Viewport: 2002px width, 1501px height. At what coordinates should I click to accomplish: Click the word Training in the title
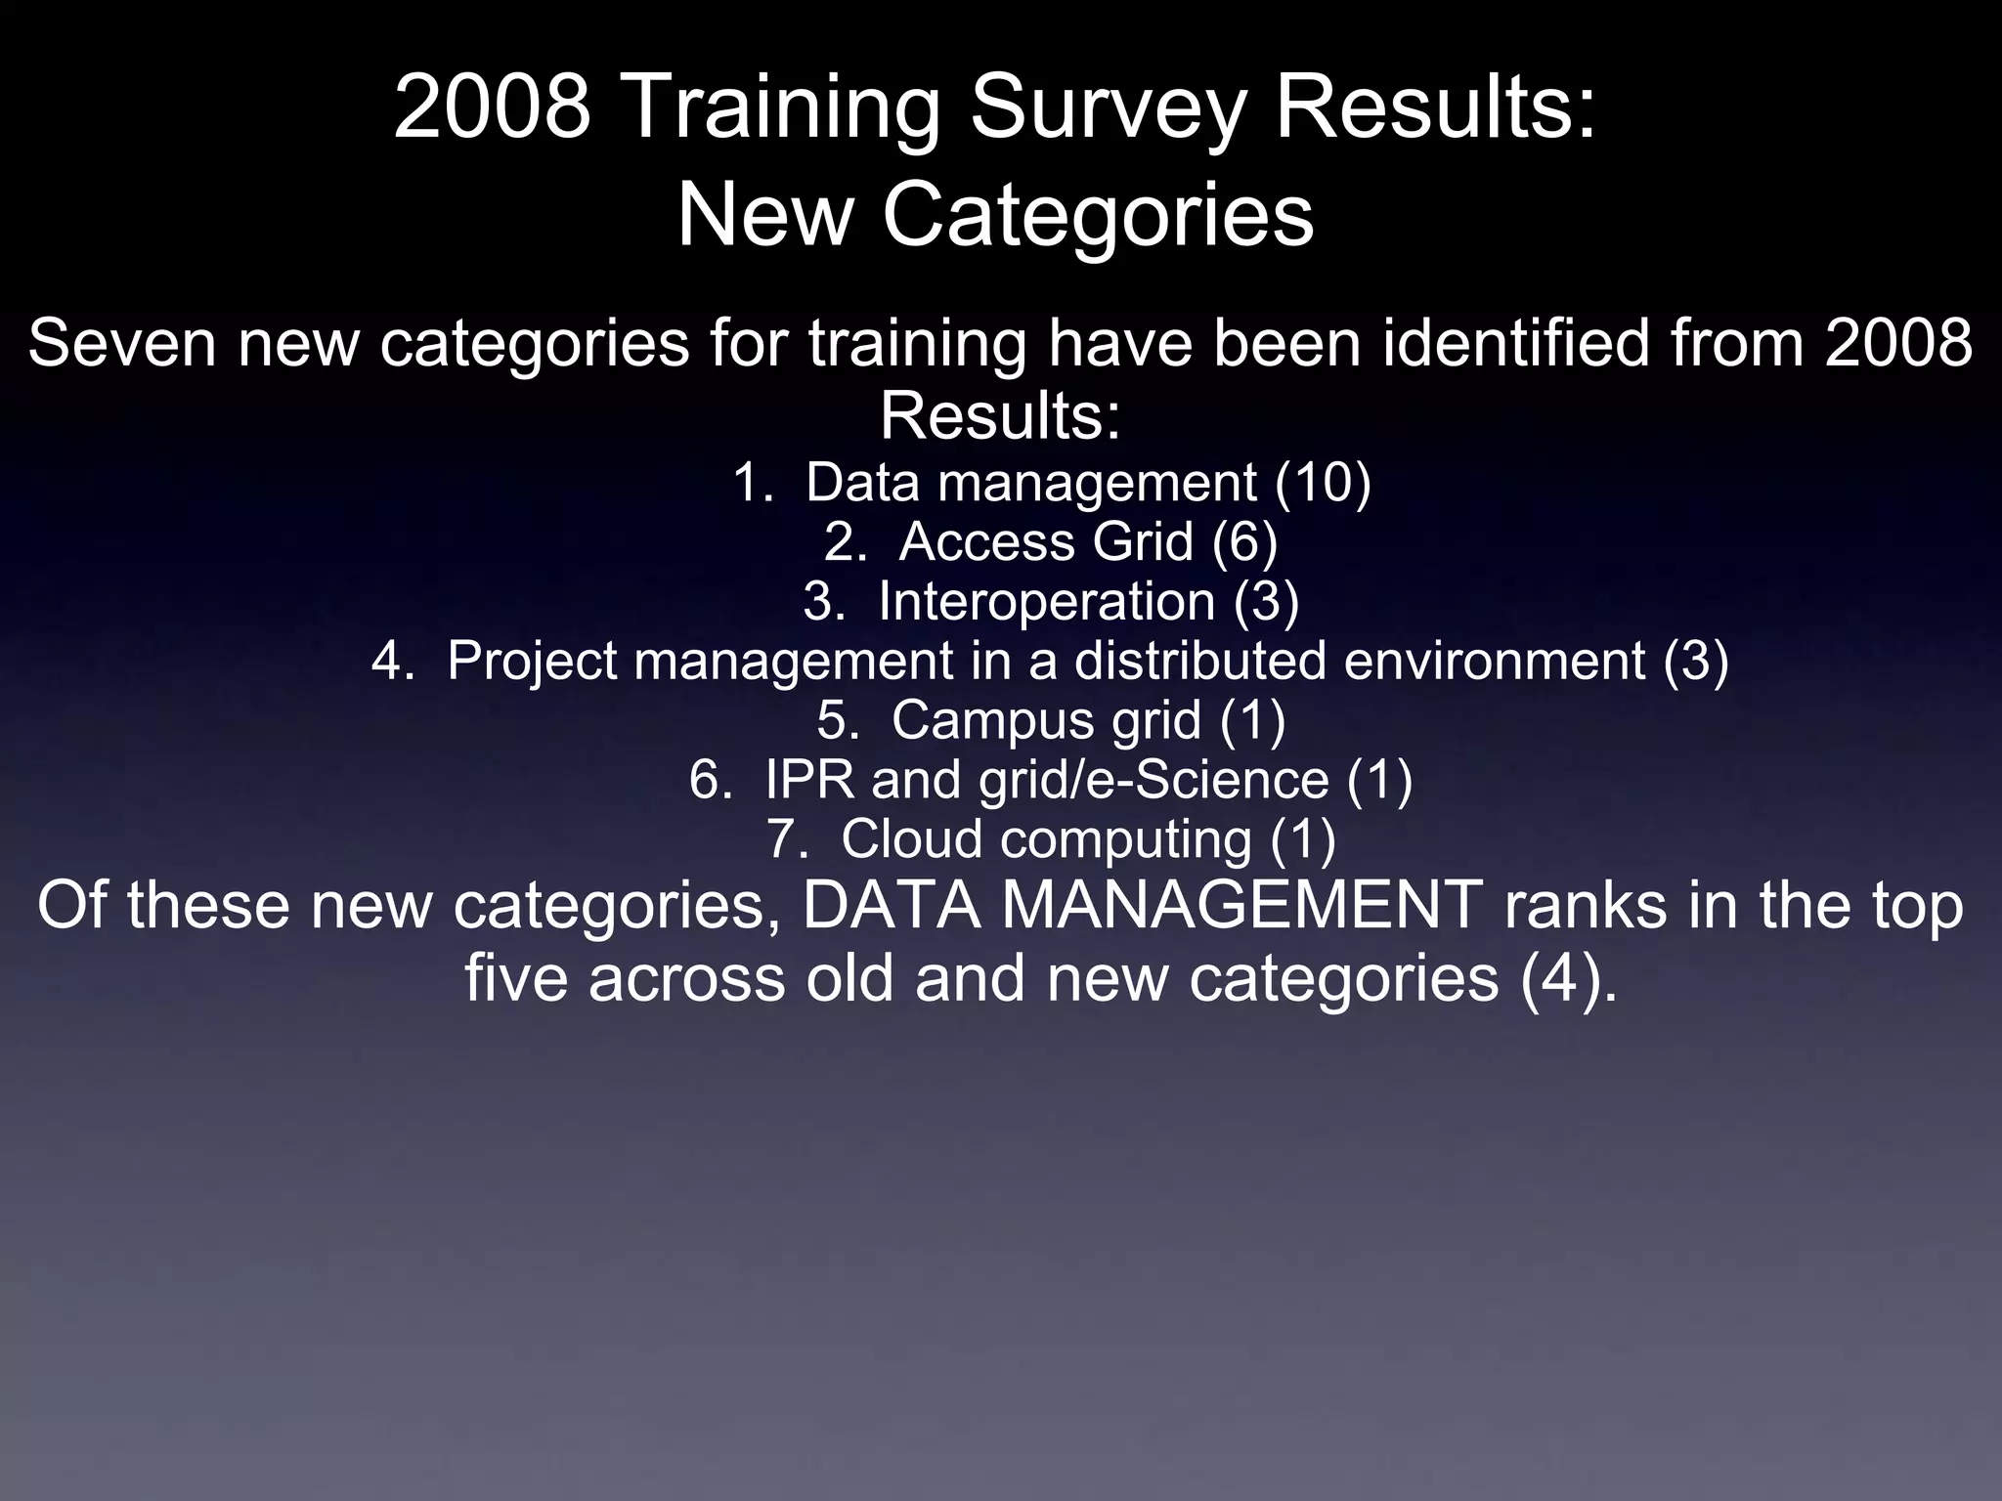click(777, 109)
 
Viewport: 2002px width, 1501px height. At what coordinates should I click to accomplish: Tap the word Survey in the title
click(1107, 109)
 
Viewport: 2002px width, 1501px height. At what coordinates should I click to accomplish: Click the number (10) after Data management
click(1323, 483)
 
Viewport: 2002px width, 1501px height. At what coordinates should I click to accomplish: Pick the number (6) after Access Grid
click(1244, 542)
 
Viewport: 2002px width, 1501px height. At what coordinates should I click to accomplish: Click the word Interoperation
click(1046, 601)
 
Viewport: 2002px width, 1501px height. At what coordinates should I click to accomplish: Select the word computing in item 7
click(1126, 839)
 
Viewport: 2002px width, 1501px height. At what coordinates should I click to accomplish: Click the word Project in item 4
click(532, 661)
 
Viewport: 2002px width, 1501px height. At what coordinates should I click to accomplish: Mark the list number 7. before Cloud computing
click(785, 839)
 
